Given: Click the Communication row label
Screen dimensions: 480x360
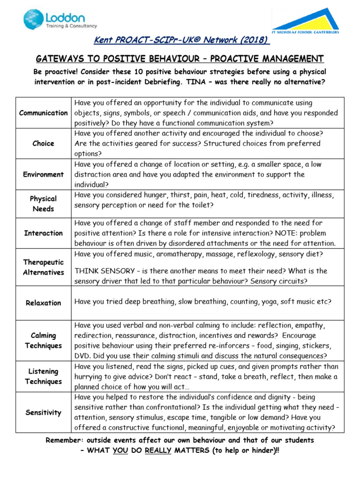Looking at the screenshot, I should coord(43,112).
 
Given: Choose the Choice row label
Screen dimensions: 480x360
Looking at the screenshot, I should coord(43,143).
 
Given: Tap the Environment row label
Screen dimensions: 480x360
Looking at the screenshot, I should coord(43,174).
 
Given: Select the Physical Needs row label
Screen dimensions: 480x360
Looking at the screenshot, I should coord(43,204).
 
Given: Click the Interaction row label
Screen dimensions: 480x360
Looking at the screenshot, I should coord(43,233).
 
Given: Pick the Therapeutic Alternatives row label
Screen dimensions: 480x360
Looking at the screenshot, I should coord(43,267).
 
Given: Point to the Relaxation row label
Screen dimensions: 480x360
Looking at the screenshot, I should coord(43,303).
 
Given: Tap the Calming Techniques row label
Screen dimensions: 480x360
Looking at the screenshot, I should coord(43,341).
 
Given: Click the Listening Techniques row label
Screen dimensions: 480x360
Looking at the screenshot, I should coord(43,376).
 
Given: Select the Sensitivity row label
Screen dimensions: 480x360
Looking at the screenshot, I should coord(43,412).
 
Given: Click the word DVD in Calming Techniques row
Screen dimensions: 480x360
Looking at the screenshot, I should coord(82,356).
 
